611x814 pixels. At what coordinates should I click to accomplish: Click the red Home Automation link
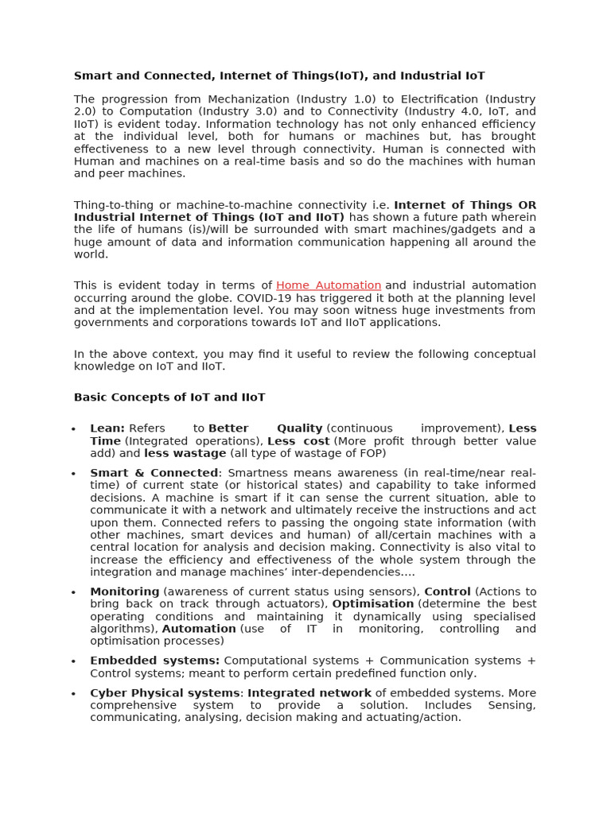(x=329, y=285)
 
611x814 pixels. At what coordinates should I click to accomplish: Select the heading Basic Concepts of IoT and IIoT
(x=169, y=397)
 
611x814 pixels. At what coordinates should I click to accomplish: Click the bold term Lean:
(x=107, y=428)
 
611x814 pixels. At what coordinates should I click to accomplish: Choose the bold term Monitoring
(x=125, y=591)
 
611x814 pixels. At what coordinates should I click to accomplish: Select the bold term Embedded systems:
(x=154, y=661)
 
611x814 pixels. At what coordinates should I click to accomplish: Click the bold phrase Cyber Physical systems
(x=165, y=693)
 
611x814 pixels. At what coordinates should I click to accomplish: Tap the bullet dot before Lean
(x=73, y=430)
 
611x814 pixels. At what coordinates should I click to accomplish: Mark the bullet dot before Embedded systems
(x=73, y=662)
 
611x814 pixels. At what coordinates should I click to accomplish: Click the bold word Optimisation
(x=373, y=604)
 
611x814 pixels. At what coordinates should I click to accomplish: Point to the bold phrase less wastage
(x=185, y=453)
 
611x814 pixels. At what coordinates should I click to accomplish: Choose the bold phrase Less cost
(x=298, y=441)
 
